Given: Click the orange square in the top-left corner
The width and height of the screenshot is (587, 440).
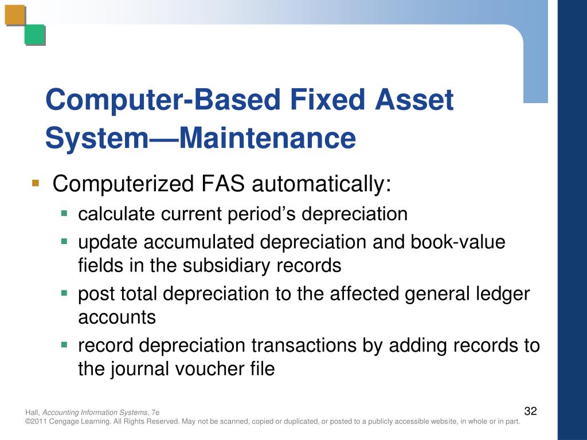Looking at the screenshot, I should [x=15, y=15].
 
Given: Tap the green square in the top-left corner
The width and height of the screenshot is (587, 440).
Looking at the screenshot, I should [x=34, y=35].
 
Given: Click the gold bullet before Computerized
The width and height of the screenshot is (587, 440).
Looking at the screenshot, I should [x=36, y=184].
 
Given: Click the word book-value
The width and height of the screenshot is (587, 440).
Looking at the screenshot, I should [x=458, y=242].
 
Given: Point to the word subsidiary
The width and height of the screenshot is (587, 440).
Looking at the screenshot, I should [x=229, y=266].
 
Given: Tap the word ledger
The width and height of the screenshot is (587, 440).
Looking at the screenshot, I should [x=503, y=294].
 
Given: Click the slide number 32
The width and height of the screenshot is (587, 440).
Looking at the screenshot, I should [x=530, y=411].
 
